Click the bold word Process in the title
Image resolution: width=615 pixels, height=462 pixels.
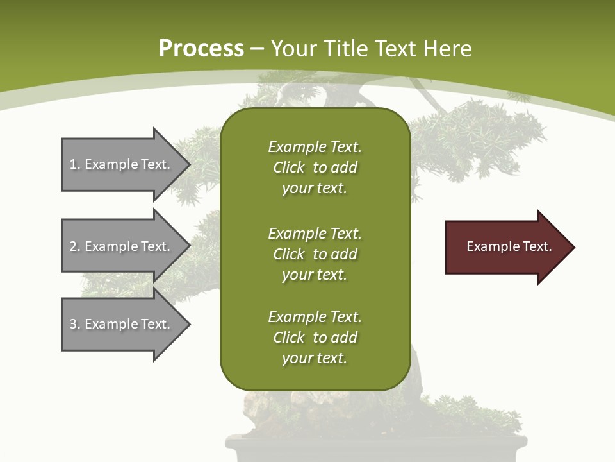201,49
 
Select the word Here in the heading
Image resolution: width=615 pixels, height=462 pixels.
447,49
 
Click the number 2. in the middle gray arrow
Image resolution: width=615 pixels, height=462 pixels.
74,246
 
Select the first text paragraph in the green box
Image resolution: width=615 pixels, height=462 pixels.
315,167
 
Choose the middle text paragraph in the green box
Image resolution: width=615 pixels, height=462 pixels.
315,254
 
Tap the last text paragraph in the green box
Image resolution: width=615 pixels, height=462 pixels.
315,338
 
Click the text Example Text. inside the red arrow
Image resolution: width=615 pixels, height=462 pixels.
509,246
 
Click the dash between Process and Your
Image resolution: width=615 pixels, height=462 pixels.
258,49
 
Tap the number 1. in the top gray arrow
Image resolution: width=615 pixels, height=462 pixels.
74,164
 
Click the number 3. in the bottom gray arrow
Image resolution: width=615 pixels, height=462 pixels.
74,324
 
